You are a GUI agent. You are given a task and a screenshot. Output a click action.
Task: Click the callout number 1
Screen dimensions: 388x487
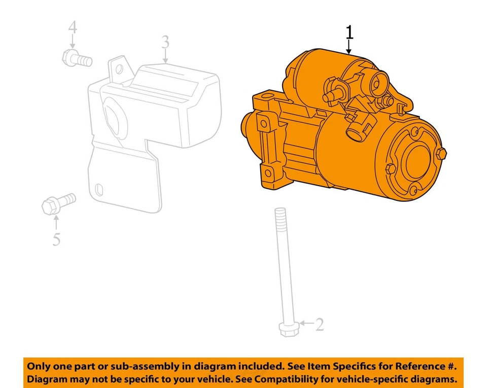pyautogui.click(x=349, y=32)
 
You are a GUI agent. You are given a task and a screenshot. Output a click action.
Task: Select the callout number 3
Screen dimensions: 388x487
pyautogui.click(x=165, y=43)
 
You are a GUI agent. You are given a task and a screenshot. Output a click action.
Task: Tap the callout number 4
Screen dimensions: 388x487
pyautogui.click(x=73, y=27)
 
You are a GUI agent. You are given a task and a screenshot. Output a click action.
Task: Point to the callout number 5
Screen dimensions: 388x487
pyautogui.click(x=56, y=238)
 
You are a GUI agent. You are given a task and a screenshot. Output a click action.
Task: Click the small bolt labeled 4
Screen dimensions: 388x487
pyautogui.click(x=77, y=59)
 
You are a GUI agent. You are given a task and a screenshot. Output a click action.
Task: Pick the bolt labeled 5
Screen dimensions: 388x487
pyautogui.click(x=57, y=202)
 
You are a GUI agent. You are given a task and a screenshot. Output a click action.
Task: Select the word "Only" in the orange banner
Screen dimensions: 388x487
pyautogui.click(x=39, y=366)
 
